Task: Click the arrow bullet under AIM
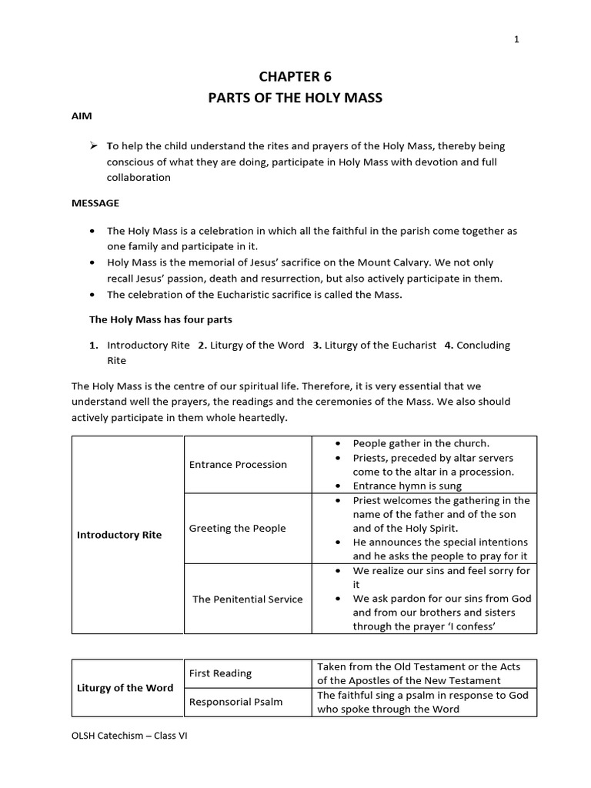coord(94,145)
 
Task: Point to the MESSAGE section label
coord(95,203)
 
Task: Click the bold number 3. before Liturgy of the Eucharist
coord(317,346)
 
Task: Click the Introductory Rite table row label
coord(119,535)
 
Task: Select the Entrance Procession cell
coord(238,464)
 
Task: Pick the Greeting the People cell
coord(237,528)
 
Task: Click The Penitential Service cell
coord(247,599)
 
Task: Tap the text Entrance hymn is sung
coord(407,486)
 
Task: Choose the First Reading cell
coord(220,673)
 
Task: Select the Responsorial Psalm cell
coord(235,702)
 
